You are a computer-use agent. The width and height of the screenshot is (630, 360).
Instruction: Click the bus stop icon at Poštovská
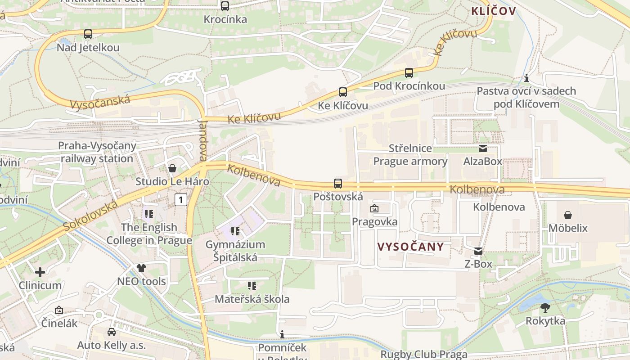(338, 184)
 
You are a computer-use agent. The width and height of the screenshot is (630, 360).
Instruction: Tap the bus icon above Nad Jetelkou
(88, 34)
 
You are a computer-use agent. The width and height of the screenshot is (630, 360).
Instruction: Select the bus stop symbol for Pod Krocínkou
(409, 73)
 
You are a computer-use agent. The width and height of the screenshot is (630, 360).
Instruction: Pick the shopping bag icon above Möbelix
(568, 215)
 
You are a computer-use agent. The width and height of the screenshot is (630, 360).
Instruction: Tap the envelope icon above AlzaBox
(482, 148)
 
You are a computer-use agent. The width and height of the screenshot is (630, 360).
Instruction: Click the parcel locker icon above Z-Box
(478, 251)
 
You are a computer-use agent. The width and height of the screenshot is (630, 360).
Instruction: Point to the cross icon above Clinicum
(40, 272)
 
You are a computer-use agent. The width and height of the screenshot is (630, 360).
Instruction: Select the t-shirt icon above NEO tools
(141, 269)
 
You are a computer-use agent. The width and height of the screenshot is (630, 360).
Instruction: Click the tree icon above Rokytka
(545, 308)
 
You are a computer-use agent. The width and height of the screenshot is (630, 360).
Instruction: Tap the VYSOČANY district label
(411, 247)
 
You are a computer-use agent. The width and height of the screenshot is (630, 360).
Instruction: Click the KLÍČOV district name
(493, 11)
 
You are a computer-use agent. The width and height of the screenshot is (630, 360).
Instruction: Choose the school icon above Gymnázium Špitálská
(235, 232)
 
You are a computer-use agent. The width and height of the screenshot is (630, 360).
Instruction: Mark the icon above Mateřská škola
(252, 286)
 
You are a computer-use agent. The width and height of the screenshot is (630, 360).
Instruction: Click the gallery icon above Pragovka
(374, 209)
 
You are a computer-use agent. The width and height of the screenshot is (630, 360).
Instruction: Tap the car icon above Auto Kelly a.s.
(111, 332)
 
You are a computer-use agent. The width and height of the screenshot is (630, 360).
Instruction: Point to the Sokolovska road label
(90, 216)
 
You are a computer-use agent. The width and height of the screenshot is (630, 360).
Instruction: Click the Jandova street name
(203, 140)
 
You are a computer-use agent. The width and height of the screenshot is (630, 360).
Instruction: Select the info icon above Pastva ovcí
(526, 78)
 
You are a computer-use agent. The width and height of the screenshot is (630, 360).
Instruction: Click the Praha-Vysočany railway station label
(97, 152)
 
